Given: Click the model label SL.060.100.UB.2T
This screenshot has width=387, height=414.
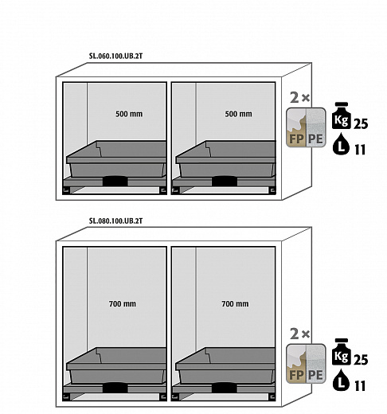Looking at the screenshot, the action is click(x=115, y=56).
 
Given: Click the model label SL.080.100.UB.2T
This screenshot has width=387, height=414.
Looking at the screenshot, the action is click(x=115, y=221).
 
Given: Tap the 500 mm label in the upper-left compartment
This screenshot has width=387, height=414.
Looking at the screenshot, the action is click(x=129, y=114).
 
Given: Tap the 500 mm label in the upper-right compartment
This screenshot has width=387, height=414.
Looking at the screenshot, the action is click(x=238, y=114).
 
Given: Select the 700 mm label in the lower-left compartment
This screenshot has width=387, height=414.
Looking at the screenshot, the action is click(x=123, y=303).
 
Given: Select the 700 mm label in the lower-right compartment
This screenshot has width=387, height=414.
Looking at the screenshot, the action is click(x=235, y=303).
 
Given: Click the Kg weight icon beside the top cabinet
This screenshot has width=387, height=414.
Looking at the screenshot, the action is click(x=342, y=115).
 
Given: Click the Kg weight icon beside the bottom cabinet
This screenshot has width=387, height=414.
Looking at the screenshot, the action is click(x=342, y=352).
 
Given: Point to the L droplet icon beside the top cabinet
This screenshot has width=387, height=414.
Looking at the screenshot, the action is click(x=341, y=144).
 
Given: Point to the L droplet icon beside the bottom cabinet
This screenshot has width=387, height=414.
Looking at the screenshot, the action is click(x=341, y=380).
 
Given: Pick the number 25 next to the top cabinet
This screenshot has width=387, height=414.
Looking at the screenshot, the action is click(x=361, y=123).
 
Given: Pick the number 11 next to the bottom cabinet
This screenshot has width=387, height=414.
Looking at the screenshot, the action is click(x=360, y=386).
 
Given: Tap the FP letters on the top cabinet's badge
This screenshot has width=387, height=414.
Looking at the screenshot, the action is click(x=296, y=139).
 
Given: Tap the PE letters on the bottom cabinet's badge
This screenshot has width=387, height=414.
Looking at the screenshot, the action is click(x=315, y=375).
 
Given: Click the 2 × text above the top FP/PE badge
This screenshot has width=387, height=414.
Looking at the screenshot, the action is click(x=300, y=98).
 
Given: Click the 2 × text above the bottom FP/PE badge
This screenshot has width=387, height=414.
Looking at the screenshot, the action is click(x=300, y=334).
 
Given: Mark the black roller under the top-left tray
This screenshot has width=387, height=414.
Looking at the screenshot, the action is click(x=115, y=181).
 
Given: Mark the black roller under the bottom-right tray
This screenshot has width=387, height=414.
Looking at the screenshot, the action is click(x=225, y=388).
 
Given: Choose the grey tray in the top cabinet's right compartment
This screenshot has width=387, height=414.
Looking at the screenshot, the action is click(x=225, y=159).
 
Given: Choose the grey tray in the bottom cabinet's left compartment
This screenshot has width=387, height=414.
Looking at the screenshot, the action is click(x=116, y=365).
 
